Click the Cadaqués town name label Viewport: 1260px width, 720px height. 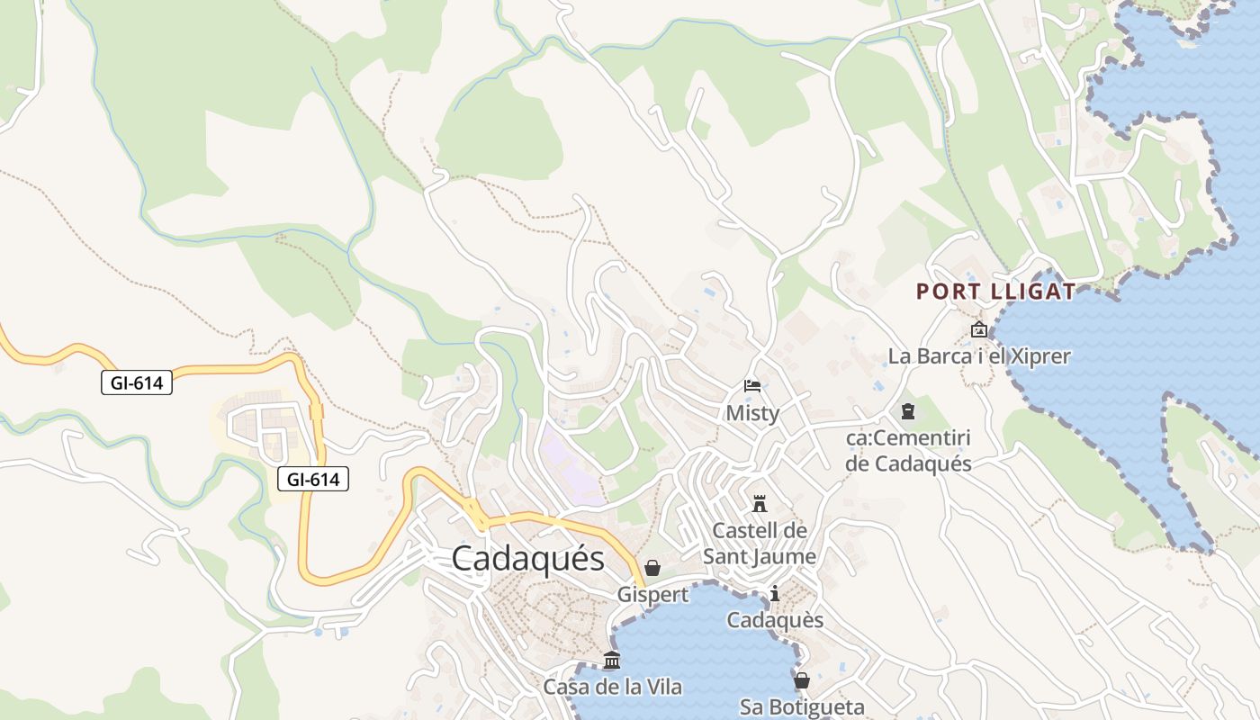(x=527, y=558)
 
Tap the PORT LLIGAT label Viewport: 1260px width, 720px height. (x=995, y=292)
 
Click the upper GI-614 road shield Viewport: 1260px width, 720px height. (x=136, y=382)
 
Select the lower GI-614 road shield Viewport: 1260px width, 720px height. (x=312, y=480)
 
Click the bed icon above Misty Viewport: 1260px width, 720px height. (x=752, y=386)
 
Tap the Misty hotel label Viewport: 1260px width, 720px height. (x=752, y=414)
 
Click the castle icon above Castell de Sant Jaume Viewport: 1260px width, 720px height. (x=760, y=502)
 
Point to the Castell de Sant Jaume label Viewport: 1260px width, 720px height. (x=760, y=544)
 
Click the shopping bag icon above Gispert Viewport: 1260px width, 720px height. (x=652, y=568)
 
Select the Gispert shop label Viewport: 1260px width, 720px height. (x=652, y=595)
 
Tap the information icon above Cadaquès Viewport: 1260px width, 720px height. (x=775, y=593)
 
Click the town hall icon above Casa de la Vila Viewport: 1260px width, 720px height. (x=612, y=660)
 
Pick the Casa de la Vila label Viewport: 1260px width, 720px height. (x=612, y=688)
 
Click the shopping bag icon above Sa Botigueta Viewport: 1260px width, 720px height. (x=801, y=680)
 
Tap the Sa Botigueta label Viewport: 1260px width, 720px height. (x=801, y=707)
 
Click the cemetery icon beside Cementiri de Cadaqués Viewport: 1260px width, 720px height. (x=907, y=411)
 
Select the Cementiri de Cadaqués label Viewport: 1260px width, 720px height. (x=909, y=451)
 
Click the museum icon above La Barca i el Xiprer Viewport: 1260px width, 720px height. (x=979, y=329)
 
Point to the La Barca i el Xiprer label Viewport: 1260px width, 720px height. (x=979, y=356)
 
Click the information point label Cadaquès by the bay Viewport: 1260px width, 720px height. (x=775, y=620)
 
